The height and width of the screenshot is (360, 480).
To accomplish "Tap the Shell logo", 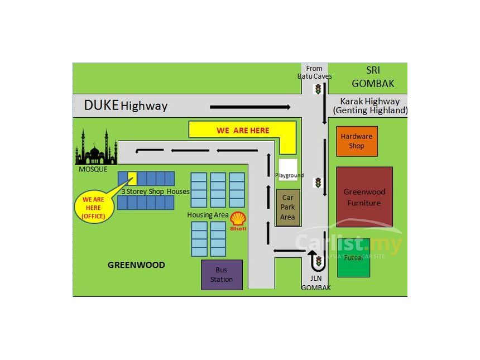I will point(238,221).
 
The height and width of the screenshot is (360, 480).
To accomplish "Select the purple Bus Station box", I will point(222,275).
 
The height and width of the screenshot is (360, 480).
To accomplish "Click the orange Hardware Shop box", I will point(356,141).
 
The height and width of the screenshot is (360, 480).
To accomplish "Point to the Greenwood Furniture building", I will point(364,197).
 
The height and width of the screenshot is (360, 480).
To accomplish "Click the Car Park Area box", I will point(287,207).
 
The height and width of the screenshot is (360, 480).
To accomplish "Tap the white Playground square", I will point(288,169).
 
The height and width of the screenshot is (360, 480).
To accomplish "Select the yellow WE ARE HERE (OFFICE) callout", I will point(94,207).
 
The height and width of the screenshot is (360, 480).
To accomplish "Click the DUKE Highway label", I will point(126,105).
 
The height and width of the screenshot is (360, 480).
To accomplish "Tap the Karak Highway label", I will point(370,105).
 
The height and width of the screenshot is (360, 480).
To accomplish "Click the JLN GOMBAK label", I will point(316,284).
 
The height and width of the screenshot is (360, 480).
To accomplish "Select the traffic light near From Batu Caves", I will point(319,89).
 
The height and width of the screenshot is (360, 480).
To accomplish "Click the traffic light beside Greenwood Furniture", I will point(318,183).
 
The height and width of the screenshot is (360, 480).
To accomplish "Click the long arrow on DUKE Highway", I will point(250,107).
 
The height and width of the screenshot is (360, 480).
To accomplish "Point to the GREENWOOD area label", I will point(136,265).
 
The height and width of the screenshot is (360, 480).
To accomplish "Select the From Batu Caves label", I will point(315,73).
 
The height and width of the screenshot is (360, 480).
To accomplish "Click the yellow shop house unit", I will point(132,178).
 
